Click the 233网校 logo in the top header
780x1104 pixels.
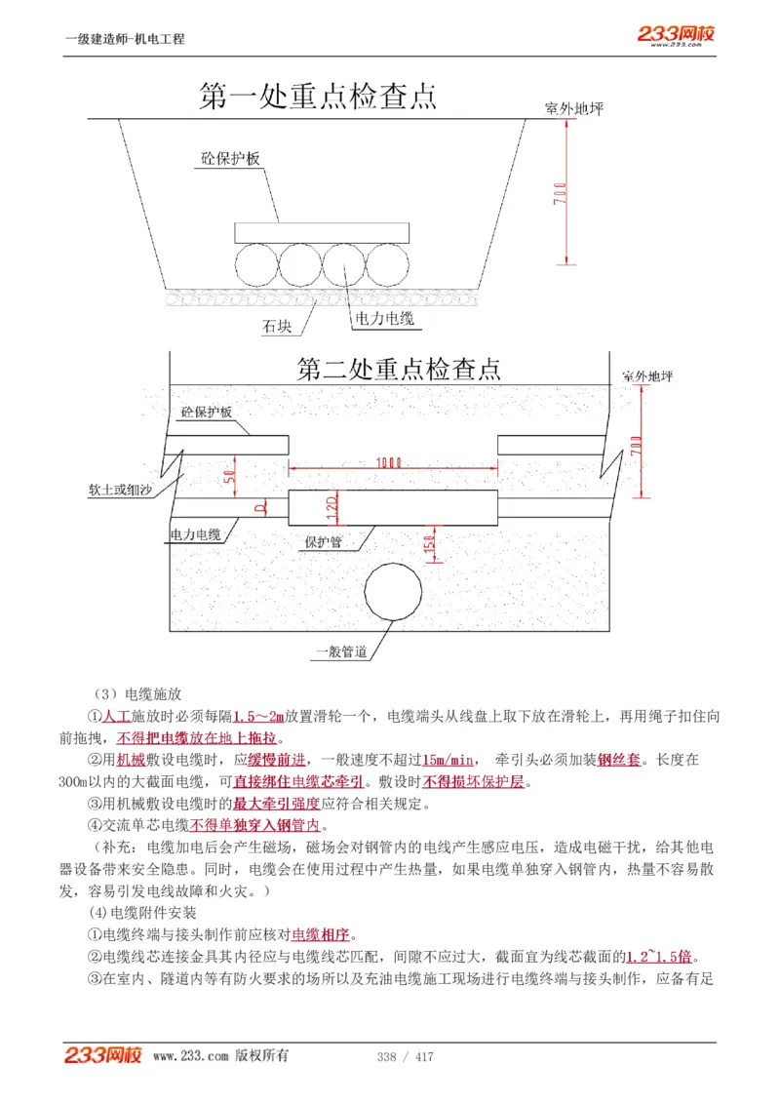(676, 34)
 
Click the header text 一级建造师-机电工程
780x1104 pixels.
(124, 39)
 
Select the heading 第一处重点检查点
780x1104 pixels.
(318, 96)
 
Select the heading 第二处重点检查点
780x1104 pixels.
(399, 369)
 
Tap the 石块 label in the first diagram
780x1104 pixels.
(276, 328)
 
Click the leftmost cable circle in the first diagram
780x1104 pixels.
(256, 263)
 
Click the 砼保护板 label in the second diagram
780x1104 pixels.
(206, 414)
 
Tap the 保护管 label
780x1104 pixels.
(322, 542)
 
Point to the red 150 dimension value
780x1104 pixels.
(428, 546)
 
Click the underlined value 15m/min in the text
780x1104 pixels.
(448, 760)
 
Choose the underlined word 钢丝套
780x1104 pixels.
(617, 760)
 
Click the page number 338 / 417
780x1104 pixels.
(405, 1057)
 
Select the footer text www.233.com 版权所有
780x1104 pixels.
(220, 1056)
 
